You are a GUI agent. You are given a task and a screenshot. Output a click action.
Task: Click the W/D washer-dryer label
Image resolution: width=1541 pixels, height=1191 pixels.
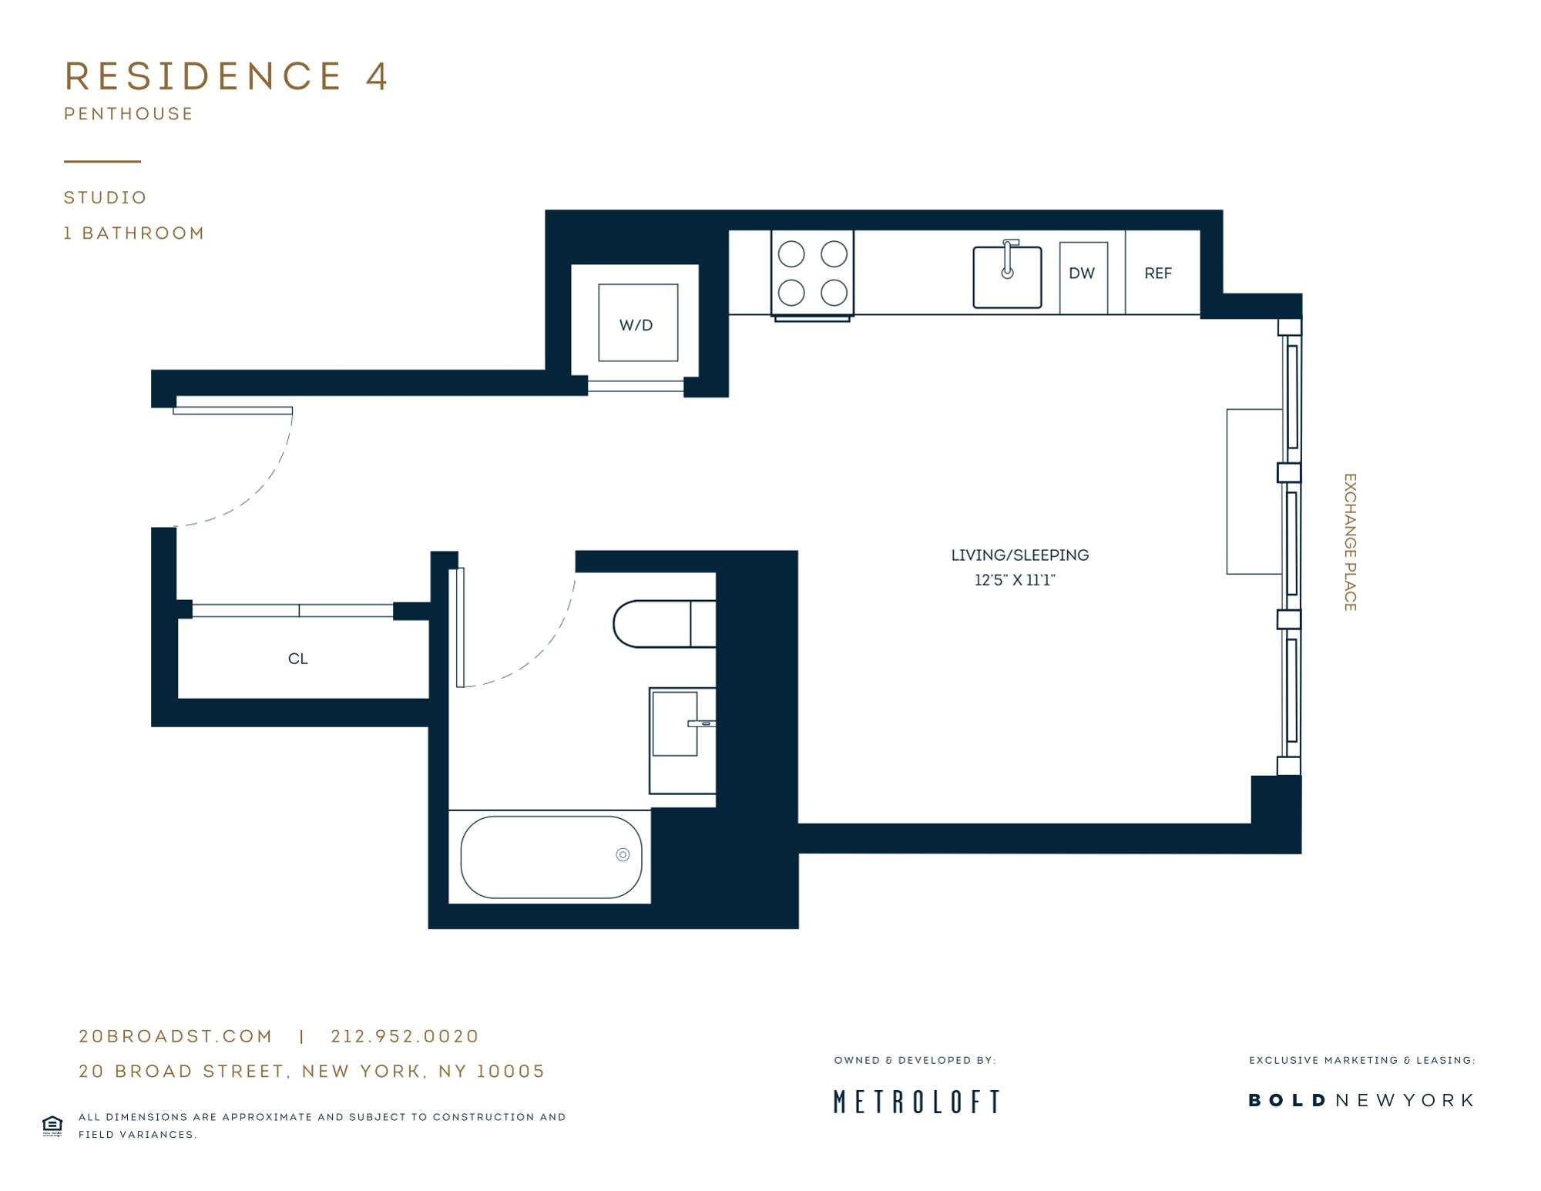[x=636, y=325]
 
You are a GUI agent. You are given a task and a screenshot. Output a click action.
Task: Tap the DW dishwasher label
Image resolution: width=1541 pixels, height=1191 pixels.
[x=1082, y=273]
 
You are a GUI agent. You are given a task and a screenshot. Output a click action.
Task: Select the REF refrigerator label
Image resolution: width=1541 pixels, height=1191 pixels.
[x=1158, y=273]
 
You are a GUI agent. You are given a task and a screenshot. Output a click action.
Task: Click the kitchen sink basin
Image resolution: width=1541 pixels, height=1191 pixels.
[x=1007, y=277]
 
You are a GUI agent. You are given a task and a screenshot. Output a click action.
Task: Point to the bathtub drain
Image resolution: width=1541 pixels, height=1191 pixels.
[x=623, y=854]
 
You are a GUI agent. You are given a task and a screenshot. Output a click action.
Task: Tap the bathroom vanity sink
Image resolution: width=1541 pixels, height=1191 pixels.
[x=675, y=723]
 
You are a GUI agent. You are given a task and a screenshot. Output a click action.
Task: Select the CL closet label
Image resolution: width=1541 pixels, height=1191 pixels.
[x=297, y=659]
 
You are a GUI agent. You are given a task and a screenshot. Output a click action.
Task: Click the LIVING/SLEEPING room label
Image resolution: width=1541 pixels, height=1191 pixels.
[x=1019, y=555]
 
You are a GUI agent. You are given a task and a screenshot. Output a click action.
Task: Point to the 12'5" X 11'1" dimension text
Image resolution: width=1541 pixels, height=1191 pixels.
[x=1015, y=580]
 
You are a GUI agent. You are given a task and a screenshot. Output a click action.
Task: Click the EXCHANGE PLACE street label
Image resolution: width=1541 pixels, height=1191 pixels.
[x=1350, y=542]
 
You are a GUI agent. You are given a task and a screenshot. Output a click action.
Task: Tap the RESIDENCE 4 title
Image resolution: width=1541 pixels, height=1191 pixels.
[x=227, y=76]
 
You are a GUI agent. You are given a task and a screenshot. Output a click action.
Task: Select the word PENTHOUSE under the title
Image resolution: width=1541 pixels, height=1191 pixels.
[x=129, y=114]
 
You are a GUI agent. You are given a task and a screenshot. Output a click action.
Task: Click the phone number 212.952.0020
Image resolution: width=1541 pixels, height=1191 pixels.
[x=405, y=1036]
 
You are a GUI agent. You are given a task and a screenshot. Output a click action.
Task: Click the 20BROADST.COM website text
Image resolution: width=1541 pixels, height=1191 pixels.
[x=176, y=1036]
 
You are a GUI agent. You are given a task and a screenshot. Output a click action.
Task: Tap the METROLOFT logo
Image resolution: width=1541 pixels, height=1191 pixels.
[x=917, y=1102]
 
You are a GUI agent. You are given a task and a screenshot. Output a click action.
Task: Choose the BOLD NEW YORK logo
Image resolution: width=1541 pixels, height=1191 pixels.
[x=1361, y=1100]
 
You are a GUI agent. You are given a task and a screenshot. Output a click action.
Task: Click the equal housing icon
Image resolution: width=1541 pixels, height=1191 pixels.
[x=52, y=1126]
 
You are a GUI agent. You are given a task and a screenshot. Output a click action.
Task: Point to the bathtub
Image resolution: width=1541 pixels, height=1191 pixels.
[x=551, y=857]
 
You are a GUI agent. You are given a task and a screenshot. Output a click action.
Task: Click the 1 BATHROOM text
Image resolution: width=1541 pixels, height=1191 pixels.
[x=134, y=233]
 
